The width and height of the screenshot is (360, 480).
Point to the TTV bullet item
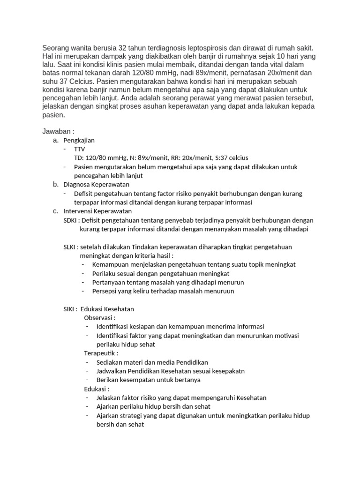pos(80,149)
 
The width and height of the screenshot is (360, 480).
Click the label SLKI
pos(70,247)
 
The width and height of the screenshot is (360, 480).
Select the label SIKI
pos(70,309)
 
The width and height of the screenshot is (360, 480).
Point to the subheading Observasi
pos(99,318)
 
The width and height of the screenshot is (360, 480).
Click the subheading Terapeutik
pos(101,353)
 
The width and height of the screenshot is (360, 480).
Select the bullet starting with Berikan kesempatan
pos(148,380)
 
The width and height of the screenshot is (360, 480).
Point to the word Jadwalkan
pos(112,371)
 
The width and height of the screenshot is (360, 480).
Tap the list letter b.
pos(55,185)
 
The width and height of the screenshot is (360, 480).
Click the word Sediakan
pos(110,362)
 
